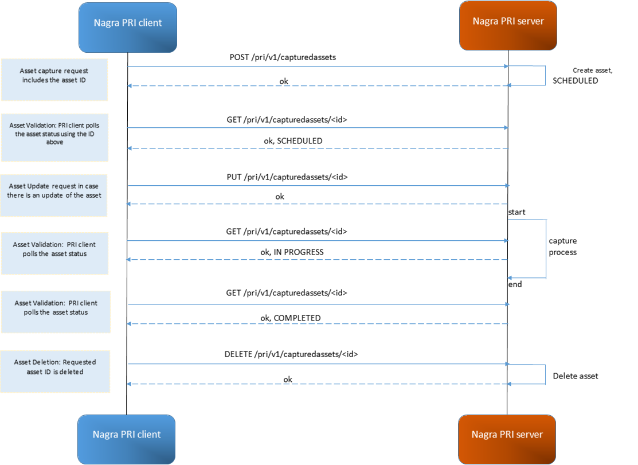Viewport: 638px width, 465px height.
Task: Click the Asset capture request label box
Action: [54, 79]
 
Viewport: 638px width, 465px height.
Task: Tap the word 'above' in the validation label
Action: [54, 142]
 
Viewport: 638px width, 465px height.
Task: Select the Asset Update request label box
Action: [54, 196]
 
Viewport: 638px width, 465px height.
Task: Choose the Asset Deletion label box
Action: [55, 372]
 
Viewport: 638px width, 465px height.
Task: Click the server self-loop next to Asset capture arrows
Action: [545, 76]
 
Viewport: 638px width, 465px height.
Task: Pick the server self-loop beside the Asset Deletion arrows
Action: [545, 374]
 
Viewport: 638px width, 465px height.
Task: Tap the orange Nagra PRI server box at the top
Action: [508, 25]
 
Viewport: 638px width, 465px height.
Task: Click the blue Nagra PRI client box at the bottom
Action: [127, 439]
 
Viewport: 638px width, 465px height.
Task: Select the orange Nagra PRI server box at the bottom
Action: [507, 439]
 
